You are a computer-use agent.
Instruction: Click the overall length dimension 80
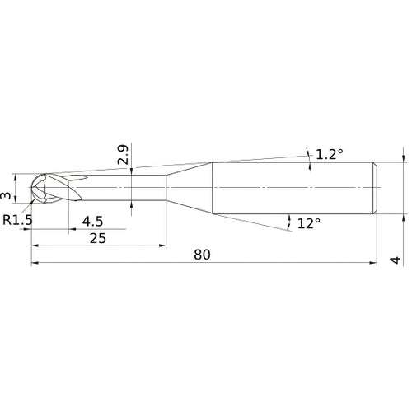tap(203, 255)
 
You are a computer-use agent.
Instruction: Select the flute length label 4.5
tap(93, 220)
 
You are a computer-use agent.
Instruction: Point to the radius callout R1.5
tap(16, 219)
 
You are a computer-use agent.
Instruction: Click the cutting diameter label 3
tap(6, 196)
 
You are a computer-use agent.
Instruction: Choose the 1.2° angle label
tap(329, 154)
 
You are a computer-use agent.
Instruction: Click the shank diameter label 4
tap(396, 260)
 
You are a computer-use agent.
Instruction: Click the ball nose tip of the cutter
tap(35, 188)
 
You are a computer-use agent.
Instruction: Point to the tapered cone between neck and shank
tap(190, 188)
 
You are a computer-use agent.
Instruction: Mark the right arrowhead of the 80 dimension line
tap(375, 264)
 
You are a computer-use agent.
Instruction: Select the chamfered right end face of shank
tap(377, 188)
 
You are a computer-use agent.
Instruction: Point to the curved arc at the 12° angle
tap(289, 220)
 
